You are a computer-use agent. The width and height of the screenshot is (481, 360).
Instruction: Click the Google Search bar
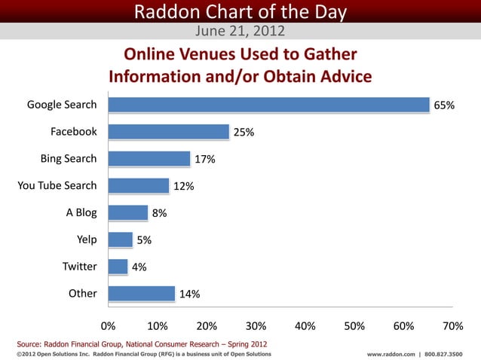point(268,105)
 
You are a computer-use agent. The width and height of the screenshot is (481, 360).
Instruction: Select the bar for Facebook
point(169,132)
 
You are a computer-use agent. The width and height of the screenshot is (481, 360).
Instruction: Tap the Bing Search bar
point(149,159)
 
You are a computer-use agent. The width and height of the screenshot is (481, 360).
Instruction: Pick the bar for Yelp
point(121,239)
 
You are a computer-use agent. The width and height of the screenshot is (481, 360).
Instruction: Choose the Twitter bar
point(118,267)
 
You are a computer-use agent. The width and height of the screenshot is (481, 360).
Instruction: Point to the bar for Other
point(142,294)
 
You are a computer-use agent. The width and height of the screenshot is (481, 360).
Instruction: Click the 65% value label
point(443,105)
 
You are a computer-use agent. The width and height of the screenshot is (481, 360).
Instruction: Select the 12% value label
point(184,186)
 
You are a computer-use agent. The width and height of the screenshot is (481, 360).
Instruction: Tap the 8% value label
point(159,213)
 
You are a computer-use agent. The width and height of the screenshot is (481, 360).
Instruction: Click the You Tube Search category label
point(57,185)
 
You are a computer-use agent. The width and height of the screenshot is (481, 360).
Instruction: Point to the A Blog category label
point(81,212)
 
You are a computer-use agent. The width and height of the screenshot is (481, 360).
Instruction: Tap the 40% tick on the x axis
point(305,325)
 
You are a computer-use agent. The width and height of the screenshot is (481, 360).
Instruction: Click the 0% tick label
point(109,325)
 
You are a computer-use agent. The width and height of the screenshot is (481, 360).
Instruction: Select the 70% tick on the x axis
point(452,325)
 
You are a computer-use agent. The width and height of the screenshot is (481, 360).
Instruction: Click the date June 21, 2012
point(240,31)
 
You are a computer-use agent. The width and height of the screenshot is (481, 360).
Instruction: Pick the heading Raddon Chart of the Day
point(240,11)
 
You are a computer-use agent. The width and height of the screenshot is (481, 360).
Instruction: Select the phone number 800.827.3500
point(444,354)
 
